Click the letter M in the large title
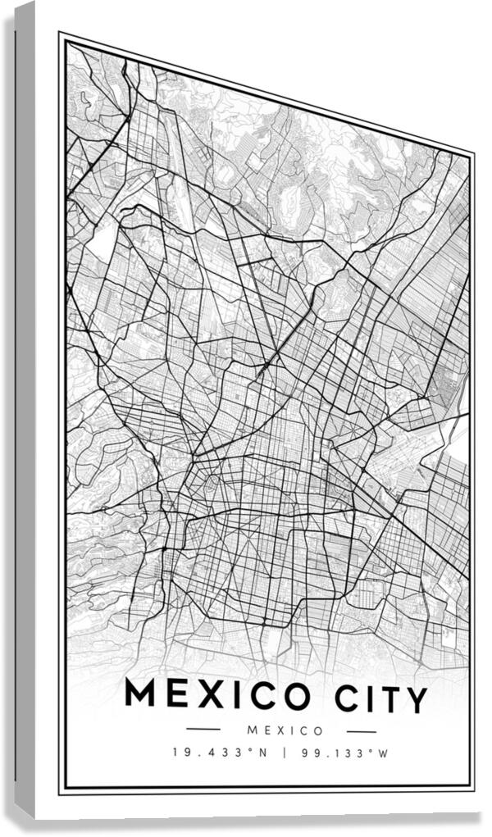pos(140,694)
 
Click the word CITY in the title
pos(381,699)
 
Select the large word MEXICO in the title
pos(217,695)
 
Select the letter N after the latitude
pos(262,752)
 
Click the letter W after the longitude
pos(383,753)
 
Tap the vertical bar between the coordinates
pos(283,752)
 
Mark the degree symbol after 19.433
pos(250,748)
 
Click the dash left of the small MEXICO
pos(203,729)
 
